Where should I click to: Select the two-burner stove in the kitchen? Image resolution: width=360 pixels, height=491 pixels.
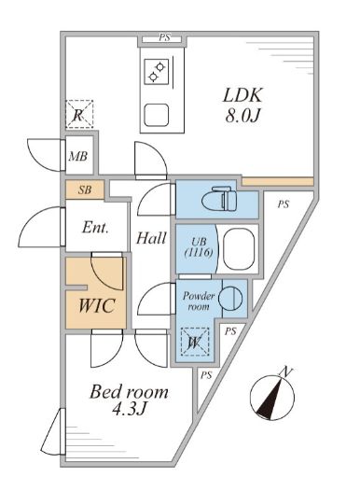coord(156,71)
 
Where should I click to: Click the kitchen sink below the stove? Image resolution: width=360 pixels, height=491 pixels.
coord(156,117)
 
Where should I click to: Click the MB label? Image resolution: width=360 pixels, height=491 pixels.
coord(78,156)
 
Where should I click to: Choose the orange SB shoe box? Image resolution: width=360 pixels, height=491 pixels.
coord(85,189)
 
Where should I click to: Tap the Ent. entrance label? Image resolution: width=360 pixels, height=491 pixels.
coord(95,227)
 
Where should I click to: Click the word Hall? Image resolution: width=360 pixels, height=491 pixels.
coord(151,238)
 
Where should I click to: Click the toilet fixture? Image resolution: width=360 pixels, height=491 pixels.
coord(225,199)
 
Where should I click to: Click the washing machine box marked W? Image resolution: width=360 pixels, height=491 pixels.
coord(194,342)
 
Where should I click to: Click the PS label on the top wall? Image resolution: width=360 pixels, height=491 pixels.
coord(164,39)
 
